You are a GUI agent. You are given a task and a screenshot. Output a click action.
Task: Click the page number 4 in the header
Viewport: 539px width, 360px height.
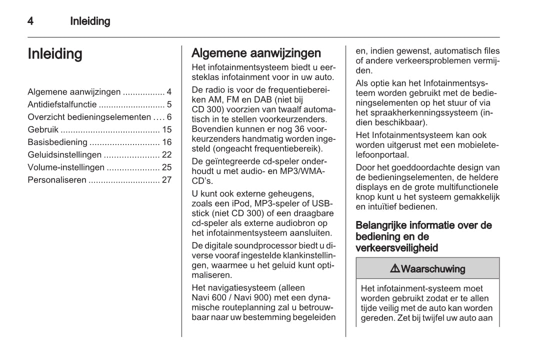point(30,21)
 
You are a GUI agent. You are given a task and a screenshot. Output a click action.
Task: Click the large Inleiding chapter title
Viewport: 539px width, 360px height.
point(55,54)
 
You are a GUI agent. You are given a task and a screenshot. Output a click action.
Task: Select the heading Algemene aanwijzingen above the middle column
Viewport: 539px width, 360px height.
point(256,53)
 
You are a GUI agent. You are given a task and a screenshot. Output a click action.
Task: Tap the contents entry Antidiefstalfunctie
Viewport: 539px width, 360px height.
point(62,104)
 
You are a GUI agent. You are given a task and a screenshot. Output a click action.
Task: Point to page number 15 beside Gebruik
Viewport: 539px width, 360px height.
point(166,129)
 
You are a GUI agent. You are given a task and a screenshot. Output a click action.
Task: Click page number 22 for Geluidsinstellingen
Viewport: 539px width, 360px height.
point(166,155)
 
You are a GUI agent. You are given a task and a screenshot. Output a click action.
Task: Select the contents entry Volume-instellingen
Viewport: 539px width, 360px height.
point(66,167)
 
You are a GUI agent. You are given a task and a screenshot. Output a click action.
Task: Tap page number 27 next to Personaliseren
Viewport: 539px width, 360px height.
point(166,180)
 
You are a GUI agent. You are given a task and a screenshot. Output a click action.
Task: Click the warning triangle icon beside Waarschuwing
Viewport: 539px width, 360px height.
point(394,269)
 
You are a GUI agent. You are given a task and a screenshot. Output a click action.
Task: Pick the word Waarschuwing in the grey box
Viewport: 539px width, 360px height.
point(433,269)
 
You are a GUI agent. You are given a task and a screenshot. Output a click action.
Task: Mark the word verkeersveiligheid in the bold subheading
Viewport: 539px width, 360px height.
point(397,247)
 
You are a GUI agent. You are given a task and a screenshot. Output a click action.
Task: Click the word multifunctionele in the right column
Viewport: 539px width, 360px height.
point(469,187)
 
